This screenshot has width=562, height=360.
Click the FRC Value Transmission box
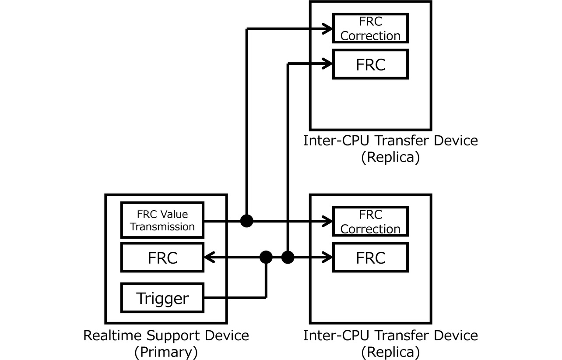[x=162, y=220]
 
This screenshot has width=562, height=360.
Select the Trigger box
[x=162, y=298]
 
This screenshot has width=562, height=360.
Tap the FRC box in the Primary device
[x=162, y=258]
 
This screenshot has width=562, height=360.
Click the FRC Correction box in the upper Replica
[x=370, y=28]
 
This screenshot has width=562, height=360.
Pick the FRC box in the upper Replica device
[x=370, y=64]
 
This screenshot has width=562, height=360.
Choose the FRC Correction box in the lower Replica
[x=370, y=222]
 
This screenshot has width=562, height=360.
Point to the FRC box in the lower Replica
[x=370, y=258]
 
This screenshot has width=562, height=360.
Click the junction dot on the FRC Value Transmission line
[x=247, y=221]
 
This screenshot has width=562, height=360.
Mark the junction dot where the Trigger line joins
[x=266, y=258]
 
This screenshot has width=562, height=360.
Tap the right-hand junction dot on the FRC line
[x=287, y=258]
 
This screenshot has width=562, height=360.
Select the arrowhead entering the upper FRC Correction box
[x=328, y=29]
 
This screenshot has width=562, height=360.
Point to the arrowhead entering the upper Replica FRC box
[x=328, y=64]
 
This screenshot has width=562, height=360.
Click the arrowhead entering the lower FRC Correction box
[x=328, y=222]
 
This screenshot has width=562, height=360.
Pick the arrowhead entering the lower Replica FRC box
[x=328, y=258]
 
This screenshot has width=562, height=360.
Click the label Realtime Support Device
[x=166, y=336]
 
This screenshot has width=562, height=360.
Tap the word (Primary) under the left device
[x=166, y=352]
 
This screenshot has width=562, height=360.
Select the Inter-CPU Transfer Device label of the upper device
[x=390, y=141]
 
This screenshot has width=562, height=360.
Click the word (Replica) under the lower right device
[x=390, y=352]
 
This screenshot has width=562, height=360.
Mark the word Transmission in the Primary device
[x=162, y=227]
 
